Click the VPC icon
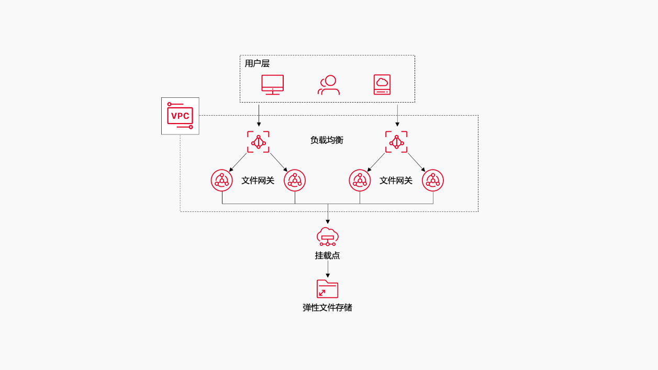(180, 116)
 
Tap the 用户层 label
(257, 64)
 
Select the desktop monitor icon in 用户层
(272, 84)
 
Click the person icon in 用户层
(328, 85)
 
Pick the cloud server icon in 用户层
(382, 84)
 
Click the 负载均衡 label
(327, 140)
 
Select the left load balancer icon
(258, 142)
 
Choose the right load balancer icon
(396, 142)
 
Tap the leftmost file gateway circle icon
(222, 181)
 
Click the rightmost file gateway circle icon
(433, 181)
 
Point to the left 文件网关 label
(258, 181)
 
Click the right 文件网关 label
(396, 181)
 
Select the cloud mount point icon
(328, 237)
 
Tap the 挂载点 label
(328, 255)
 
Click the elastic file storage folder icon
(327, 289)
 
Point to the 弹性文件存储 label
(327, 308)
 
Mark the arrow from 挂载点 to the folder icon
(328, 269)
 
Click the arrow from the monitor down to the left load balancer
(259, 115)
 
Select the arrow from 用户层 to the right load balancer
(397, 115)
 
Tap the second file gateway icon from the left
(295, 181)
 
